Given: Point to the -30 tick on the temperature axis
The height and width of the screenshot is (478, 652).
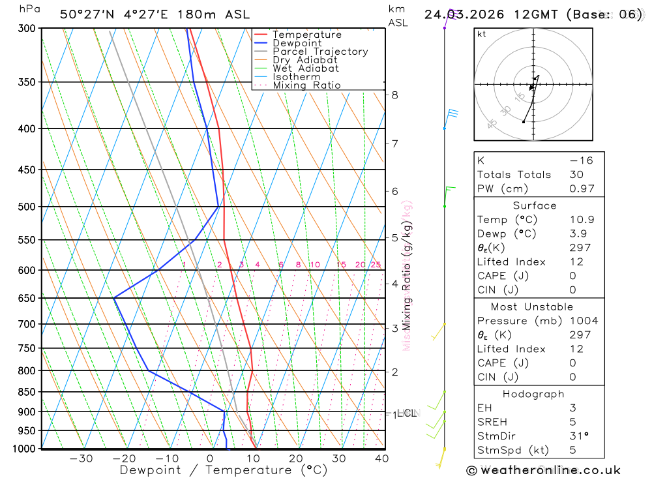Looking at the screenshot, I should [x=81, y=458].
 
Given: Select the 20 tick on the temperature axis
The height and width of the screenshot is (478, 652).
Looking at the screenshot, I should [x=296, y=458].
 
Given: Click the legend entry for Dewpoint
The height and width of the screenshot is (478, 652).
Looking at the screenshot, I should [x=297, y=43].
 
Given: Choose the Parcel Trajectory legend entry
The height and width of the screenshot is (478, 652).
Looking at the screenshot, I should [x=320, y=52].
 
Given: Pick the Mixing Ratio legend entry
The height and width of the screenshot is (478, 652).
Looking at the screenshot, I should [x=306, y=85].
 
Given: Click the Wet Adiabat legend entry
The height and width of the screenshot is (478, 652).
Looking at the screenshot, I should [x=306, y=68].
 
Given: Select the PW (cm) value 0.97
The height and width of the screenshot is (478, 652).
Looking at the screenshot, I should [x=582, y=189].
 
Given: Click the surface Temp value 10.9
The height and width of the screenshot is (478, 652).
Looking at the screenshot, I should [x=582, y=220].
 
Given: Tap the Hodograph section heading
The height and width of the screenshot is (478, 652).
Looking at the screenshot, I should [x=533, y=394].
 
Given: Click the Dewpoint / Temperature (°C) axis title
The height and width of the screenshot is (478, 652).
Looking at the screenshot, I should [x=224, y=470].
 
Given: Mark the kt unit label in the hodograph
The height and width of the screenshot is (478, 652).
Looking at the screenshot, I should [x=482, y=34].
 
